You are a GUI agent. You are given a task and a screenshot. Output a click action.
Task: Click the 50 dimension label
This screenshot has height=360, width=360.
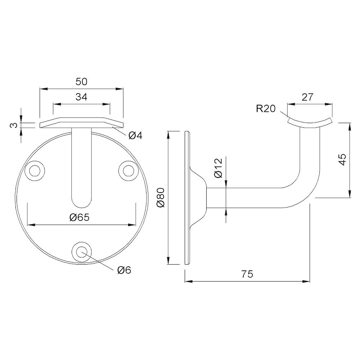click(x=81, y=82)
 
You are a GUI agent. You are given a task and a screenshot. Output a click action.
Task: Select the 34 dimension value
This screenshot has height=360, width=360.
click(x=81, y=97)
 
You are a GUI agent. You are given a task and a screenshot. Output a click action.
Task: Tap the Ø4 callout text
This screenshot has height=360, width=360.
click(x=135, y=136)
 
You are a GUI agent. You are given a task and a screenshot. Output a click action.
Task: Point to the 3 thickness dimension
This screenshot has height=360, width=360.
click(x=14, y=125)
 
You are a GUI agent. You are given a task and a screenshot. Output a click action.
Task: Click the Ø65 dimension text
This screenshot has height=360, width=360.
click(x=79, y=217)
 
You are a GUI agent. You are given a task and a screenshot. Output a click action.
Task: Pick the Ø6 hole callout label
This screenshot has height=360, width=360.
click(x=124, y=270)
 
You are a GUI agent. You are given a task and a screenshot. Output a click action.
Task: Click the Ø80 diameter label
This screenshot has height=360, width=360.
click(x=161, y=197)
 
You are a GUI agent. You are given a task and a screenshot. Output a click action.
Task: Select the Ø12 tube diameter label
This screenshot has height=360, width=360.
click(x=219, y=168)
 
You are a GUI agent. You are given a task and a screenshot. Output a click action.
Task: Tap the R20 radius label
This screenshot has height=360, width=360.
click(x=266, y=109)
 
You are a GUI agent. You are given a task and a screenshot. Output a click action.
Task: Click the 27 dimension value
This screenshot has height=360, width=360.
click(x=307, y=97)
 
